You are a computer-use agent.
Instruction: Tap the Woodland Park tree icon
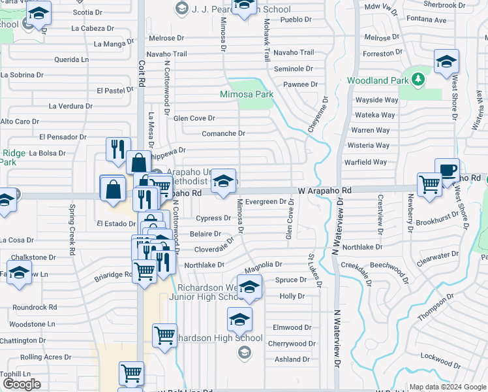click(x=418, y=80)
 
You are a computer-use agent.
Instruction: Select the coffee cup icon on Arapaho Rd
click(x=447, y=170)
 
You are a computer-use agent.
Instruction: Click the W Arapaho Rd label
click(x=325, y=189)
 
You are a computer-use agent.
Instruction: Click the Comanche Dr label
click(x=223, y=133)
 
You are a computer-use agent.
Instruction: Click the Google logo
click(x=22, y=384)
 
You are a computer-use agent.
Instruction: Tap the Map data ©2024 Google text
click(x=447, y=387)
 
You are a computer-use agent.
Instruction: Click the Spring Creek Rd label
click(x=70, y=230)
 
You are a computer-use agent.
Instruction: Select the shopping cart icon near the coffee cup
click(x=429, y=185)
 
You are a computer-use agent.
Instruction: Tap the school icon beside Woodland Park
click(x=446, y=63)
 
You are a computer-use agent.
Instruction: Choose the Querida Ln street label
click(x=72, y=59)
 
